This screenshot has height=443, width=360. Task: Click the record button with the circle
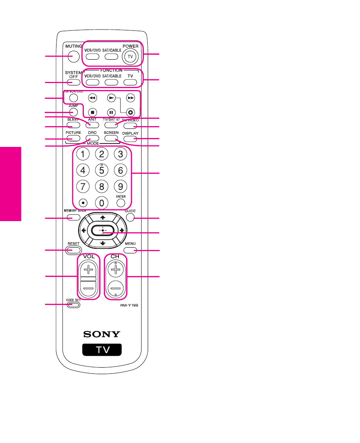click(130, 113)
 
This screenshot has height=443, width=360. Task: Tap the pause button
click(111, 113)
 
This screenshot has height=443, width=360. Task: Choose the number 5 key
click(102, 170)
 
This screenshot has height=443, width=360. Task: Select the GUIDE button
click(130, 218)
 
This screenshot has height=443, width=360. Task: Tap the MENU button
click(130, 251)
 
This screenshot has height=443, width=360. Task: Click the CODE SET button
click(73, 305)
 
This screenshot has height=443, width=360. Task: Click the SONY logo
click(102, 334)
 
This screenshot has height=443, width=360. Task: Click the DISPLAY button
click(130, 138)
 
